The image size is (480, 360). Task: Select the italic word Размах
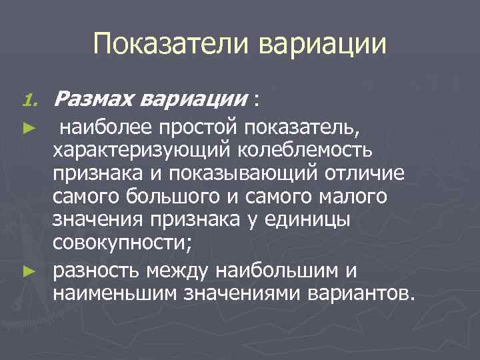point(97,99)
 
